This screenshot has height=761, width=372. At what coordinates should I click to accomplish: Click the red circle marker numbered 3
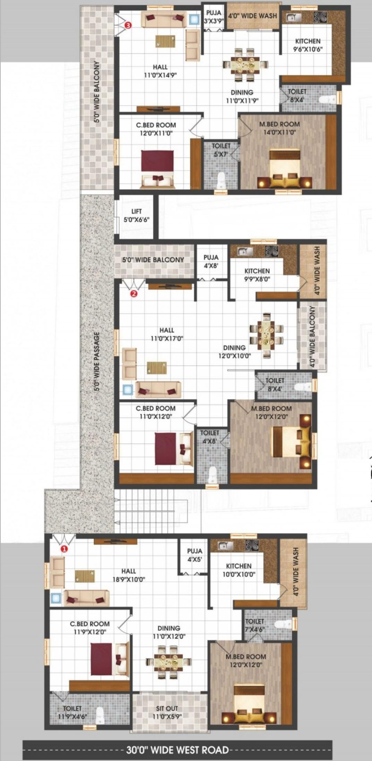tap(129, 25)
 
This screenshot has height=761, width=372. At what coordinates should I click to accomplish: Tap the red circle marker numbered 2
tap(134, 294)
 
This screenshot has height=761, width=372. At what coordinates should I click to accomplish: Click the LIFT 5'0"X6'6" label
tap(137, 215)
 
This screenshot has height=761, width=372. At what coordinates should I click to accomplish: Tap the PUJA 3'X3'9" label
tap(214, 17)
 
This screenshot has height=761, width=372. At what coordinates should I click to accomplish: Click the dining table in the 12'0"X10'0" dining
tap(266, 335)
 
